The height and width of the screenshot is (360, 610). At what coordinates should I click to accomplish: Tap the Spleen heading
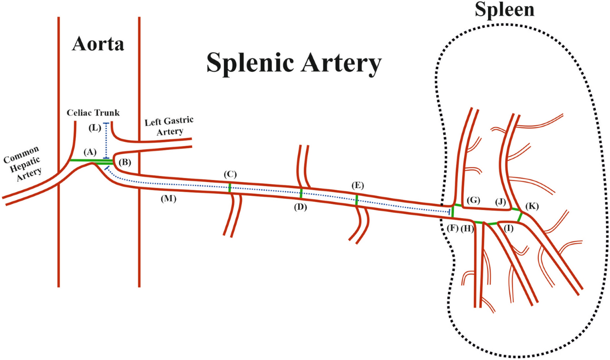pyautogui.click(x=505, y=9)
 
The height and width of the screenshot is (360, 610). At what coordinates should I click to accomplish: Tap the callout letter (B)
pyautogui.click(x=125, y=163)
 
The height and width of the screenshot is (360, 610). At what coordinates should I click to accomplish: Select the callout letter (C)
pyautogui.click(x=230, y=174)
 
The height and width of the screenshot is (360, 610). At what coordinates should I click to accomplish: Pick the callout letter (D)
pyautogui.click(x=300, y=207)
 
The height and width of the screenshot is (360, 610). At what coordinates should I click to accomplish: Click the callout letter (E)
pyautogui.click(x=358, y=185)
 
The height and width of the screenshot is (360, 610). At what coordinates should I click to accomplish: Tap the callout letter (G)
pyautogui.click(x=473, y=200)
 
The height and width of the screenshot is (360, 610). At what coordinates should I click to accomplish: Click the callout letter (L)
pyautogui.click(x=95, y=128)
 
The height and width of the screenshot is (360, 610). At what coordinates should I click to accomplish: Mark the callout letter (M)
pyautogui.click(x=168, y=199)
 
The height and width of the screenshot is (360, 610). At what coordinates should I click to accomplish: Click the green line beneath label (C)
pyautogui.click(x=230, y=188)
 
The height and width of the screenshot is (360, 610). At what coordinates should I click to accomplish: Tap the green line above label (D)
pyautogui.click(x=301, y=193)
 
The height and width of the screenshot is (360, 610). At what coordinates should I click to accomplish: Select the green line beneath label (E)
pyautogui.click(x=357, y=199)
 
